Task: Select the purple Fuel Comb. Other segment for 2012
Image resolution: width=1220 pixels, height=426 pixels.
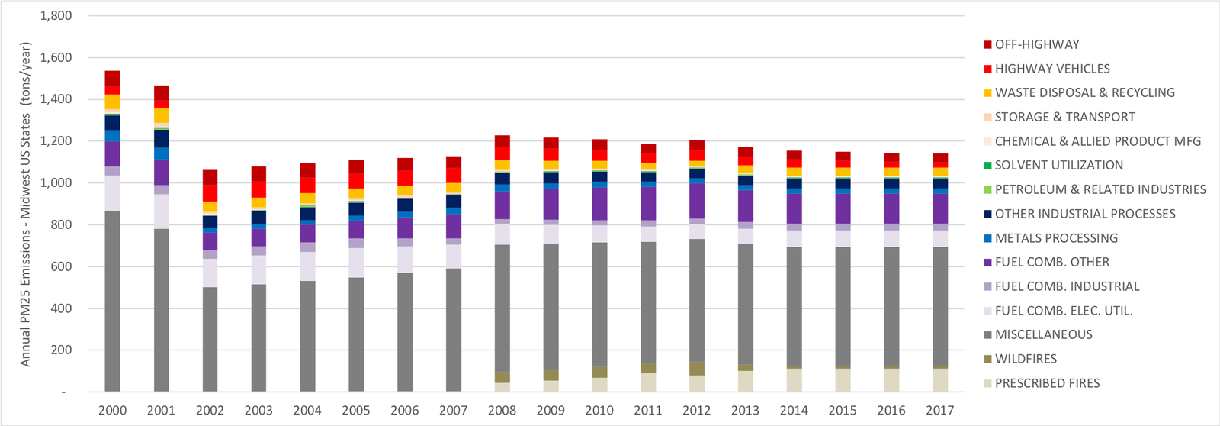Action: pyautogui.click(x=696, y=201)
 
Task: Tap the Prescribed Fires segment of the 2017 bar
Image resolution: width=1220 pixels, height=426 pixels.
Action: pyautogui.click(x=939, y=380)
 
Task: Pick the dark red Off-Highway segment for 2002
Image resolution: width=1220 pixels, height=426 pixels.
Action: pyautogui.click(x=210, y=177)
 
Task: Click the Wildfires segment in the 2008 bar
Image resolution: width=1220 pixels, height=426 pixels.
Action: pyautogui.click(x=502, y=377)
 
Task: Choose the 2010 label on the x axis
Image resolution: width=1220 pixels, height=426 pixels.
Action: pyautogui.click(x=599, y=411)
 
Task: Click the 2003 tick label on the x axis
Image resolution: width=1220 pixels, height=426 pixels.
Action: pyautogui.click(x=258, y=411)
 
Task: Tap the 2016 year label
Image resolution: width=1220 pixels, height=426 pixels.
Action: pyautogui.click(x=891, y=411)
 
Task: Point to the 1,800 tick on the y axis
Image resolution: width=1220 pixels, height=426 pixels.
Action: pyautogui.click(x=56, y=16)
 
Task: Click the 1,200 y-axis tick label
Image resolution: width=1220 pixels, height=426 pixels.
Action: pyautogui.click(x=56, y=141)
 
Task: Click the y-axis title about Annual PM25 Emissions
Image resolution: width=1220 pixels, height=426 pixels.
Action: pyautogui.click(x=26, y=204)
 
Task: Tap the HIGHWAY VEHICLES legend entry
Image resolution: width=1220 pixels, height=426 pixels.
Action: pyautogui.click(x=1052, y=69)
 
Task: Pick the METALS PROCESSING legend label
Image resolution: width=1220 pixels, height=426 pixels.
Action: pyautogui.click(x=1056, y=238)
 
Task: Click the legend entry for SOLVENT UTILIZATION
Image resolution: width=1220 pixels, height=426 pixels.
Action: pyautogui.click(x=1058, y=165)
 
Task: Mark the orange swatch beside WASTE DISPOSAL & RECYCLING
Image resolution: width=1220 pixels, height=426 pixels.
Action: pyautogui.click(x=988, y=93)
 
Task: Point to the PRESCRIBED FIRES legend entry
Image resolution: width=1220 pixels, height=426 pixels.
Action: pyautogui.click(x=1047, y=383)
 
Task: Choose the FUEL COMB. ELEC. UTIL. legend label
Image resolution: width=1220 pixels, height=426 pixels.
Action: pyautogui.click(x=1064, y=311)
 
